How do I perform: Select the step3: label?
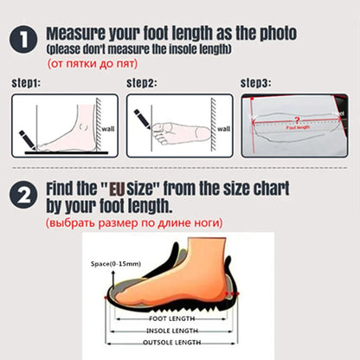point(255,83)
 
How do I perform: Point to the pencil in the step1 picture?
point(26,138)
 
